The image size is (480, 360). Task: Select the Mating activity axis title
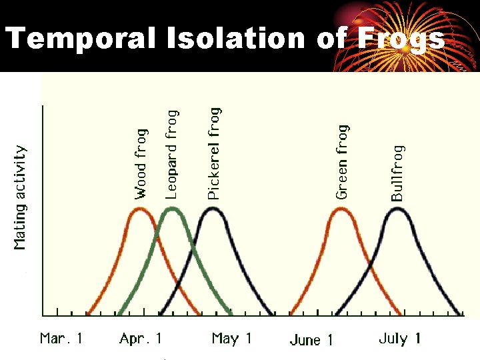click(x=21, y=198)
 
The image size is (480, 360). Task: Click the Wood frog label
click(x=141, y=164)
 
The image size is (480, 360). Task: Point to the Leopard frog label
click(x=171, y=155)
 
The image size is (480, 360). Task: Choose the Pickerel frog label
click(x=213, y=153)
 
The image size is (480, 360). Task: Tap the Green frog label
click(x=342, y=162)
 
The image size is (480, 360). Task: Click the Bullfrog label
click(x=397, y=173)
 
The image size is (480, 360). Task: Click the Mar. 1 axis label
click(x=61, y=339)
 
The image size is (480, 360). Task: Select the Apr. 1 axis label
click(x=141, y=339)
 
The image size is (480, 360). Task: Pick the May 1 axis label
click(x=231, y=339)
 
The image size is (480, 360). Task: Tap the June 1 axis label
click(x=311, y=340)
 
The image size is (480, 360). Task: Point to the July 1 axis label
click(x=399, y=339)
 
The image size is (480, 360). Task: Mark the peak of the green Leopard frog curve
click(x=171, y=209)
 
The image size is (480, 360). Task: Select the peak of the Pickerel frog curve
click(x=213, y=209)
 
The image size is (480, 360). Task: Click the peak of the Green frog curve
click(x=341, y=209)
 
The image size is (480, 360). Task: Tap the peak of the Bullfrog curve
click(x=397, y=209)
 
